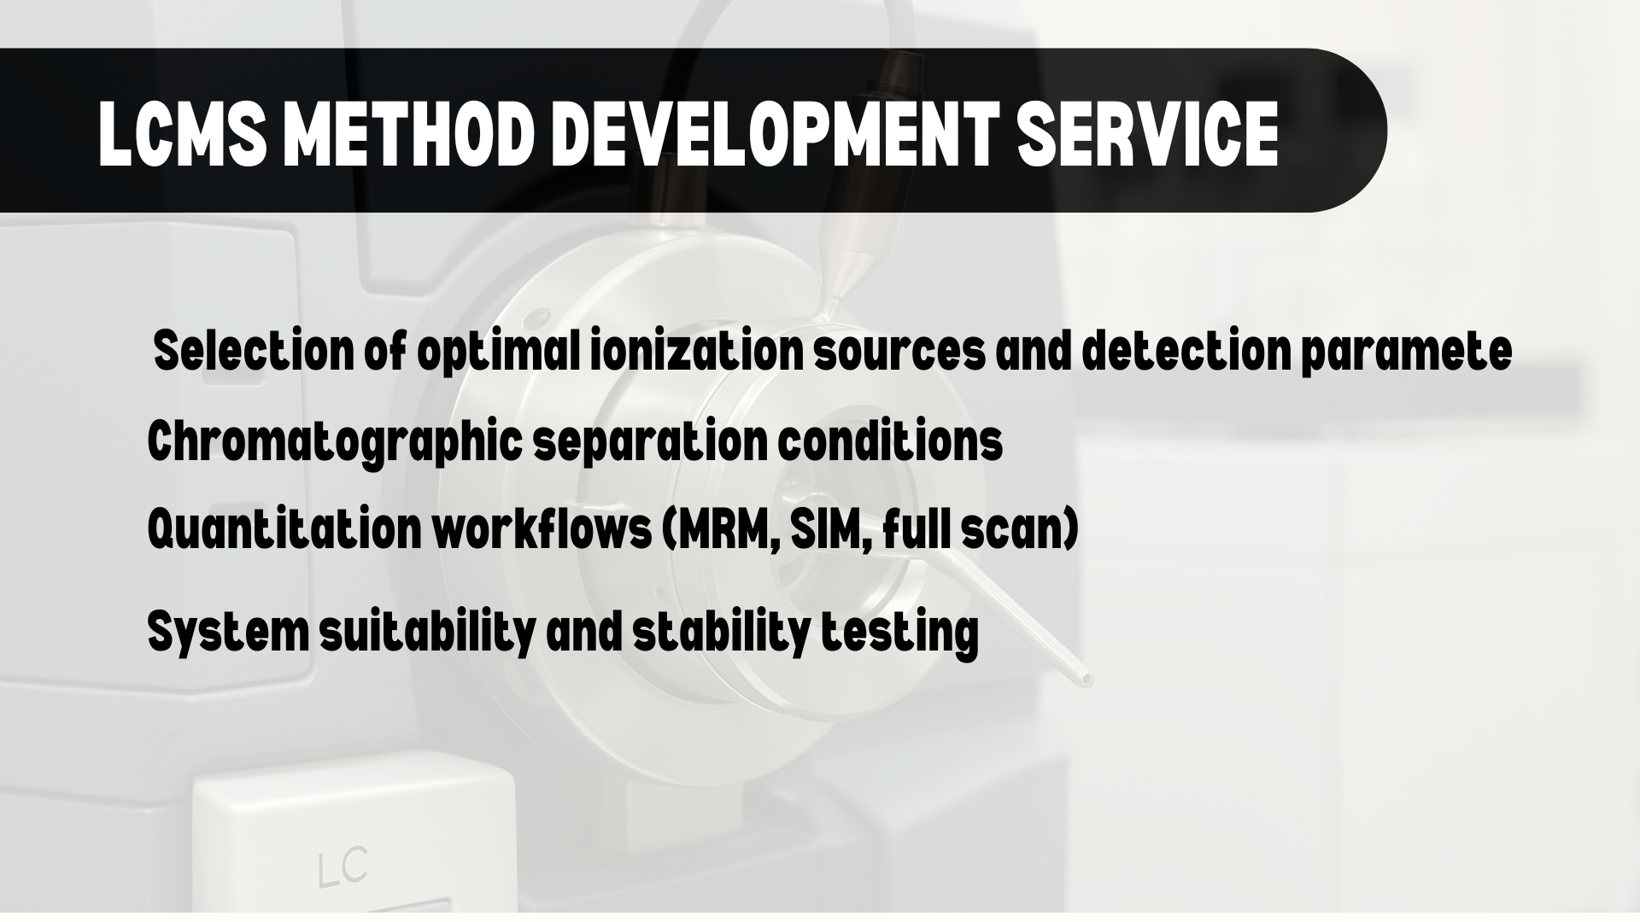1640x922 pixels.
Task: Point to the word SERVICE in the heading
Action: click(x=1147, y=135)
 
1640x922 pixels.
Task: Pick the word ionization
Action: click(x=696, y=351)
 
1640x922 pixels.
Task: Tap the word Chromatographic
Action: click(x=334, y=443)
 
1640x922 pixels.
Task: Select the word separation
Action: click(x=649, y=443)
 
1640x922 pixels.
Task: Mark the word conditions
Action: click(x=889, y=441)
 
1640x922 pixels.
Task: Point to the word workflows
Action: click(x=542, y=528)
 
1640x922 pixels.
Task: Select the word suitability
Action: click(x=427, y=633)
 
